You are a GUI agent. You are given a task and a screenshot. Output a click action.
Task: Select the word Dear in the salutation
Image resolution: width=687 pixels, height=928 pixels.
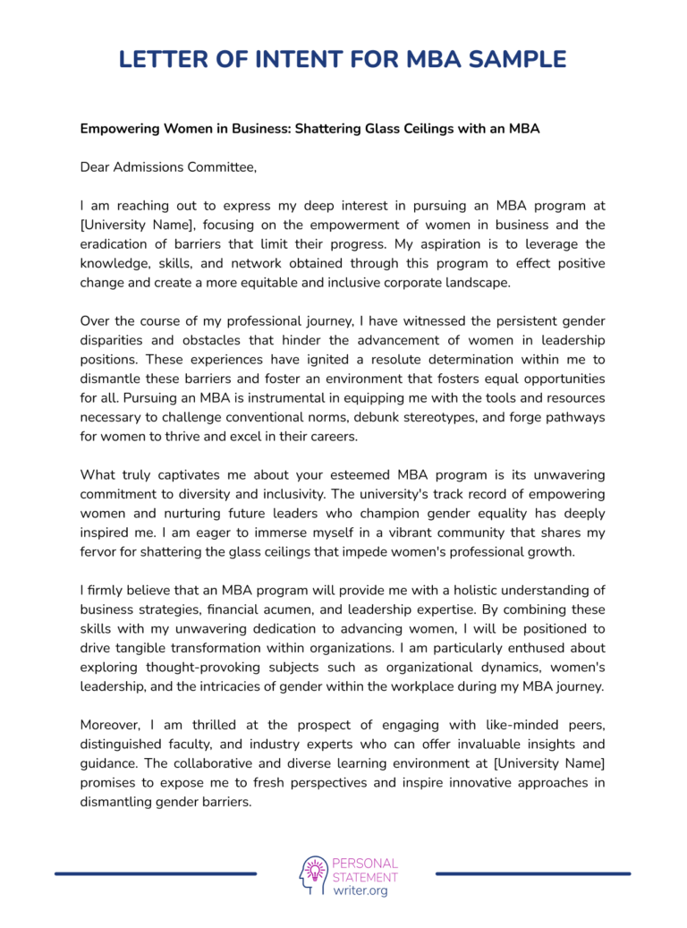click(x=98, y=167)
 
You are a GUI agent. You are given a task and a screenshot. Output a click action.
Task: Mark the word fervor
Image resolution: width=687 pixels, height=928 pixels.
click(x=100, y=551)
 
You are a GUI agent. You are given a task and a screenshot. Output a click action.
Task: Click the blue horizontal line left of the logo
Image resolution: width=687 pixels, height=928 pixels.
click(x=156, y=873)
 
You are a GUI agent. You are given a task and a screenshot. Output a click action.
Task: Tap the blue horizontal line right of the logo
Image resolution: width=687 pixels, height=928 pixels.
click(x=533, y=873)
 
